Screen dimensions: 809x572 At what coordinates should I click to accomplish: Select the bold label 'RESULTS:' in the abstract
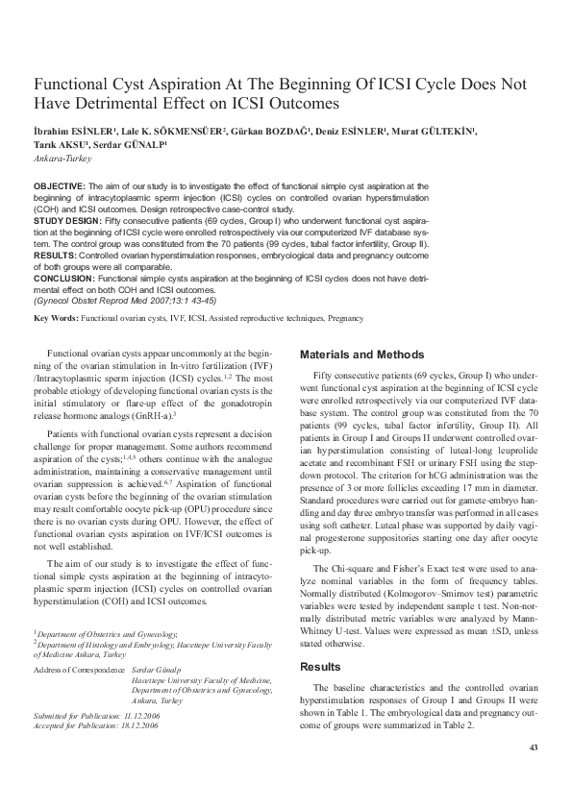click(x=57, y=257)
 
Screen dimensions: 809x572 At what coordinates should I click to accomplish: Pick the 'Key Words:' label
click(x=55, y=317)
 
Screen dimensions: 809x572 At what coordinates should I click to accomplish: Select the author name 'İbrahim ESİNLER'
click(x=75, y=130)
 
